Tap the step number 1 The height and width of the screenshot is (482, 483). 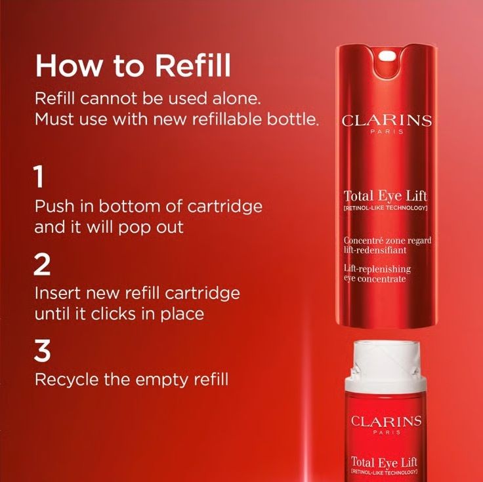[x=39, y=177]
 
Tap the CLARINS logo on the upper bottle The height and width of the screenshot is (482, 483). [x=387, y=121]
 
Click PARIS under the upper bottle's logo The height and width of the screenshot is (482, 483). [x=387, y=132]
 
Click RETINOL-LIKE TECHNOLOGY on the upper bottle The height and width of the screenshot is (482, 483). [x=386, y=208]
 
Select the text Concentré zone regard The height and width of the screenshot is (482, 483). [x=387, y=241]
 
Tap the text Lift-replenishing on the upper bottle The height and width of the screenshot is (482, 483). [x=377, y=269]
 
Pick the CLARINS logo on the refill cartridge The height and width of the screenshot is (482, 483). [x=387, y=421]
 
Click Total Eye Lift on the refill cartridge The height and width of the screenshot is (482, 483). [x=387, y=462]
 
